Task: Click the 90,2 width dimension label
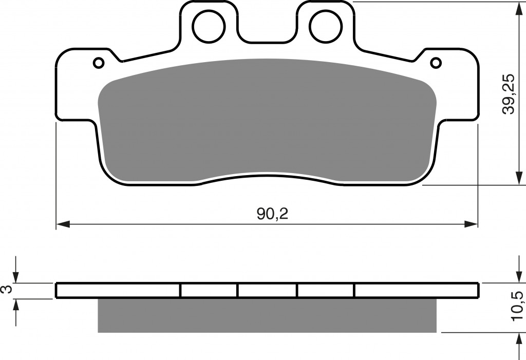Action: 272,214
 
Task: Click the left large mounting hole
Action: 209,26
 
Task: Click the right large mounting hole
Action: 326,26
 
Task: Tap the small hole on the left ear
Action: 99,63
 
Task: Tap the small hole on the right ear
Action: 436,63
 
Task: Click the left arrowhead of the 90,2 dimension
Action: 63,224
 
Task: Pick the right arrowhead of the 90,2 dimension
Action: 471,224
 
